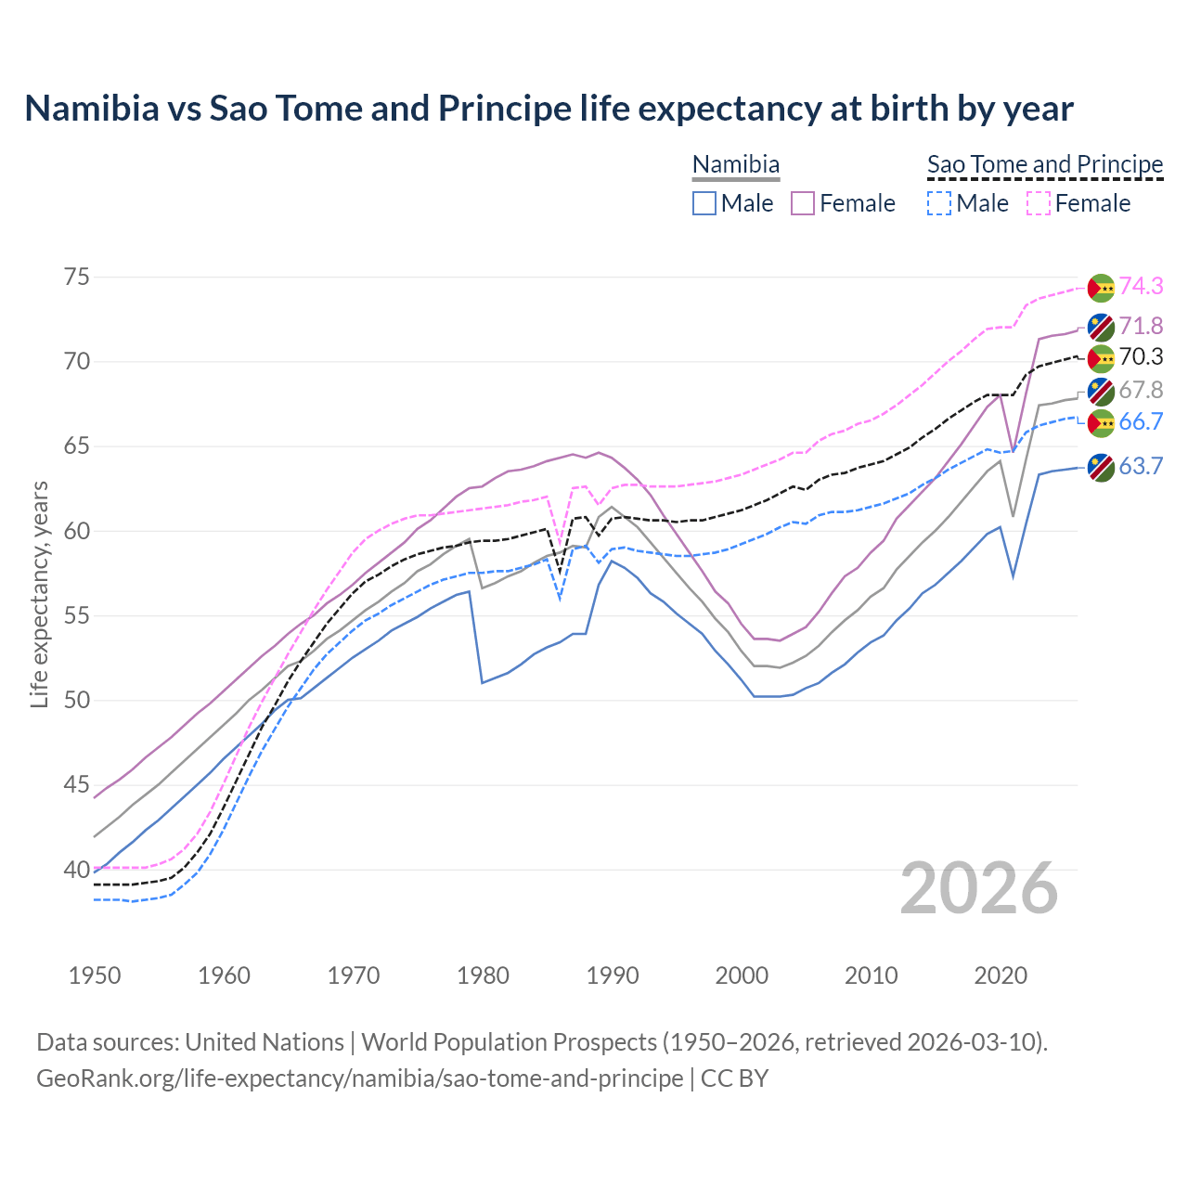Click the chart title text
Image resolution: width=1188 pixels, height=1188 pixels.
point(549,109)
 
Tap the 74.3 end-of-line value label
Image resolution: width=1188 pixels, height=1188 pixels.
point(1141,286)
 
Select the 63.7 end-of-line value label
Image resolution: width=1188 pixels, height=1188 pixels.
point(1141,466)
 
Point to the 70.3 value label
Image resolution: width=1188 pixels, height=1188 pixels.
point(1141,357)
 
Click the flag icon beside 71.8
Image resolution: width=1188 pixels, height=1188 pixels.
point(1101,326)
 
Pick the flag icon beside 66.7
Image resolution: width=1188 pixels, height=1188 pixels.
point(1101,422)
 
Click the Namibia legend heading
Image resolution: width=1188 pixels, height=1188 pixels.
point(736,164)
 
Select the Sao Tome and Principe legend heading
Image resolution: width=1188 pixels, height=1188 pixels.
point(1045,164)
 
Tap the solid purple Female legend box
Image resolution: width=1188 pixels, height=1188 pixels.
point(803,203)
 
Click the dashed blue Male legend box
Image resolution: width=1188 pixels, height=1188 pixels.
point(939,203)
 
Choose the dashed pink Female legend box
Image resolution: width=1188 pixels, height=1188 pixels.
point(1039,203)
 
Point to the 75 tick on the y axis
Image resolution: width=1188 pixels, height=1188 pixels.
point(77,277)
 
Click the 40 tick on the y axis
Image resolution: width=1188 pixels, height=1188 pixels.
point(77,870)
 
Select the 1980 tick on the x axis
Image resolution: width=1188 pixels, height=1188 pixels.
point(484,975)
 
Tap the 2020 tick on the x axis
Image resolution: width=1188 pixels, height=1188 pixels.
point(1001,975)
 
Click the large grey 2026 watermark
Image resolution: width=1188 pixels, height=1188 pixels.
point(978,888)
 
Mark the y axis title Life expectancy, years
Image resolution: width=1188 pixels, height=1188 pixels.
point(39,594)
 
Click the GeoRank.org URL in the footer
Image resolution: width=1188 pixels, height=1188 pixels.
point(359,1078)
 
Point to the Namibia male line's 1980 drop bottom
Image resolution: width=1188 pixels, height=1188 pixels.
point(483,682)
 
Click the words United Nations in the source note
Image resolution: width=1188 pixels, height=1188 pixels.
point(265,1042)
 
